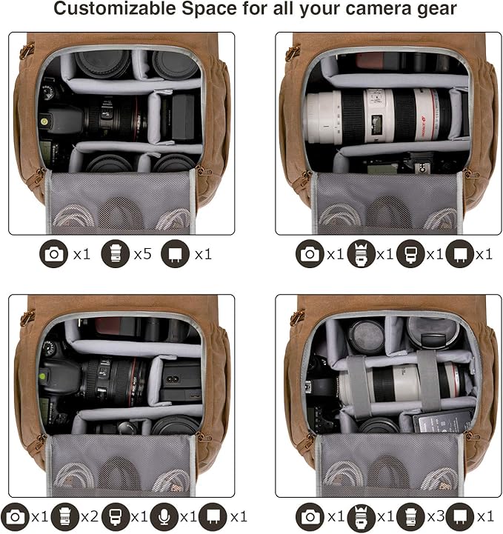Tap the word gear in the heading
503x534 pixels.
435,10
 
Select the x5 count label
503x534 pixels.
142,254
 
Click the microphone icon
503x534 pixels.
164,516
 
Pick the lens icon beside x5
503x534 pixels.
115,254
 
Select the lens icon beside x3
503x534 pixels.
410,516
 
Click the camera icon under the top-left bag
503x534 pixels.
53,254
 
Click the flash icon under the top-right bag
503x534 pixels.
410,254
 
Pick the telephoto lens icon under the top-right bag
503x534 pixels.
361,254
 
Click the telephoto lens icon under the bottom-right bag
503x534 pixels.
361,516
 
